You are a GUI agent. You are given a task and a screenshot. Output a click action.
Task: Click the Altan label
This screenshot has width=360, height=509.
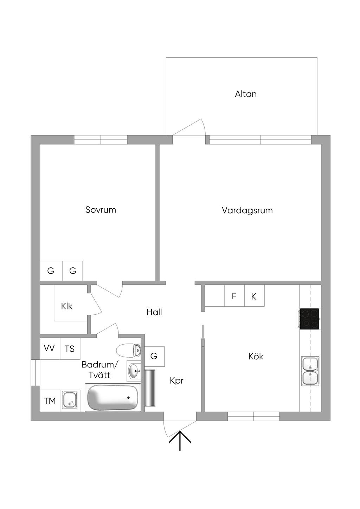[246, 94]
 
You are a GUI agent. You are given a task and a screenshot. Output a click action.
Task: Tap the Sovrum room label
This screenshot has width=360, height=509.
[101, 210]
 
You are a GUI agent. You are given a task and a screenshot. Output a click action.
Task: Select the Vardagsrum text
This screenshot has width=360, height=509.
[247, 210]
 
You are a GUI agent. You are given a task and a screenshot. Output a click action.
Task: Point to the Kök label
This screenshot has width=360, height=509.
[256, 357]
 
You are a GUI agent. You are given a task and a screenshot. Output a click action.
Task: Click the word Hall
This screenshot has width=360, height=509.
[154, 312]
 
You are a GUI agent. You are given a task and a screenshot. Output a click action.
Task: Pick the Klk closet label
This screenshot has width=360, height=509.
[67, 306]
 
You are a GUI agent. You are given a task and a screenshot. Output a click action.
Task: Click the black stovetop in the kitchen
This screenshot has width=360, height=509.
[309, 319]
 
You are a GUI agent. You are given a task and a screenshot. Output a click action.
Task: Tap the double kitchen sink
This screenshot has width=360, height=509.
[310, 371]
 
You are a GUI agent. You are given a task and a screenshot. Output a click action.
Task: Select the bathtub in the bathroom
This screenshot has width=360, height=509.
[113, 398]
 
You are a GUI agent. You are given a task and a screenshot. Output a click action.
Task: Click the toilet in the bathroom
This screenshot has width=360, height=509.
[129, 350]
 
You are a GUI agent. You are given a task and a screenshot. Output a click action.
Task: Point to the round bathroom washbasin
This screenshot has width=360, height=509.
[134, 371]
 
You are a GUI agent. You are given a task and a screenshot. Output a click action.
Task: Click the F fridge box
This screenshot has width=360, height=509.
[234, 296]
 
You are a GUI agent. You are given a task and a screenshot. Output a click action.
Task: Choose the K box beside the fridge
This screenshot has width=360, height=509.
[254, 296]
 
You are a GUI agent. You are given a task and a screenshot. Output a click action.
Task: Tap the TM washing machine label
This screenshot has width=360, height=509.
[50, 401]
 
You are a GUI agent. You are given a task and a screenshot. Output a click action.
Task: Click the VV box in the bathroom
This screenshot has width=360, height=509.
[49, 348]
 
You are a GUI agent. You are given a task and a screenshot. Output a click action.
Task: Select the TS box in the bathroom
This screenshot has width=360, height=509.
[70, 349]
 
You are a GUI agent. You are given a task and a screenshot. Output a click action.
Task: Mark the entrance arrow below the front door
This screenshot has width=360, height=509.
[180, 441]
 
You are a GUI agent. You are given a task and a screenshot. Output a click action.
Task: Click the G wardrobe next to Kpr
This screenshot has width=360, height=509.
[154, 356]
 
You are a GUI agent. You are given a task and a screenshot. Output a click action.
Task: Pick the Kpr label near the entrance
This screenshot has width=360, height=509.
[176, 380]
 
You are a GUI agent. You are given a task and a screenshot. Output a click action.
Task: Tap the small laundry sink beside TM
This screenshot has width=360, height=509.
[70, 400]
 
